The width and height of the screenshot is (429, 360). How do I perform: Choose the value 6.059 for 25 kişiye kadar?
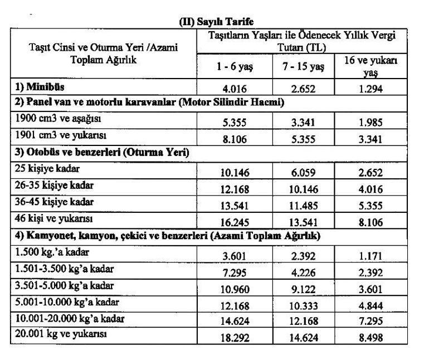(301, 173)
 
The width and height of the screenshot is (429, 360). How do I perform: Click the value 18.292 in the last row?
(235, 338)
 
